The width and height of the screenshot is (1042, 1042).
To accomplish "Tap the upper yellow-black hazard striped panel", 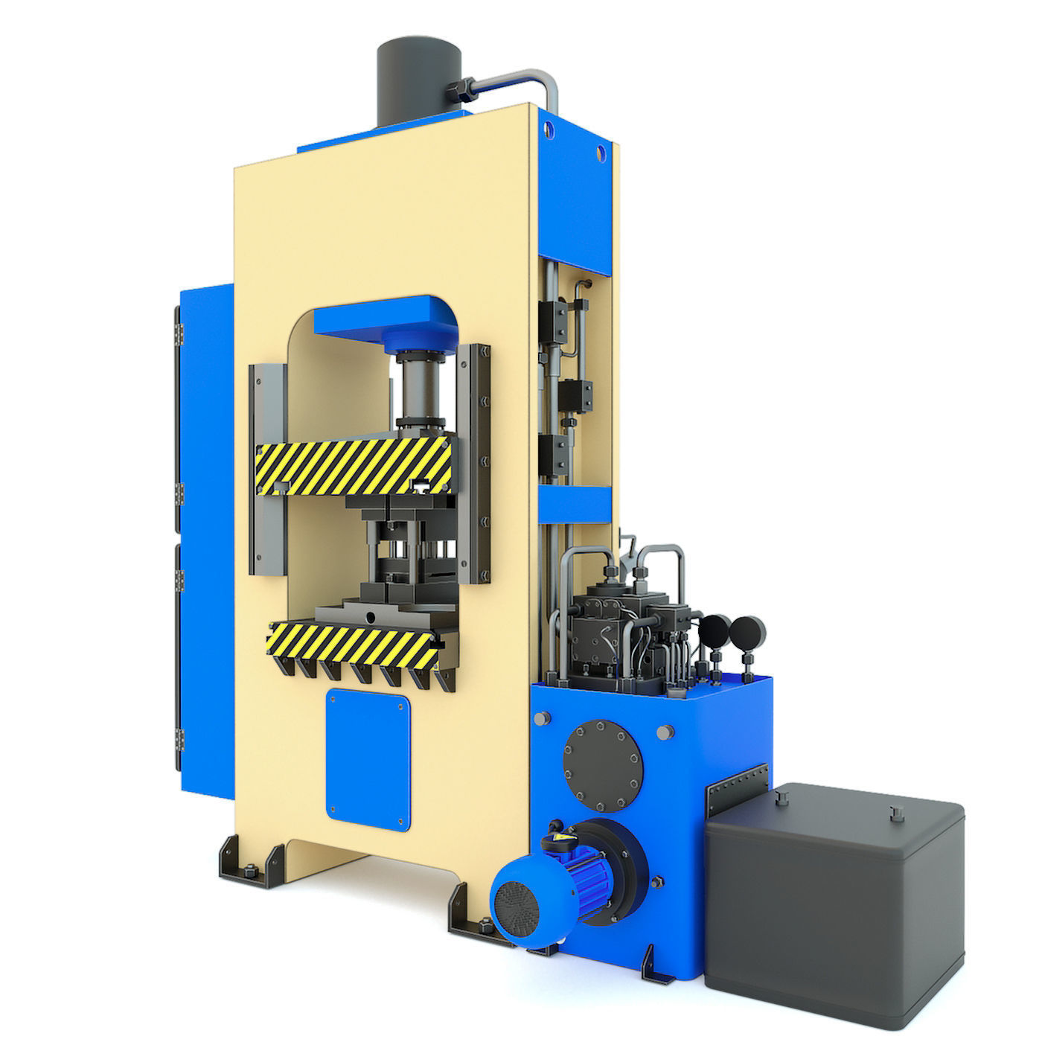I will click(x=353, y=466).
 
